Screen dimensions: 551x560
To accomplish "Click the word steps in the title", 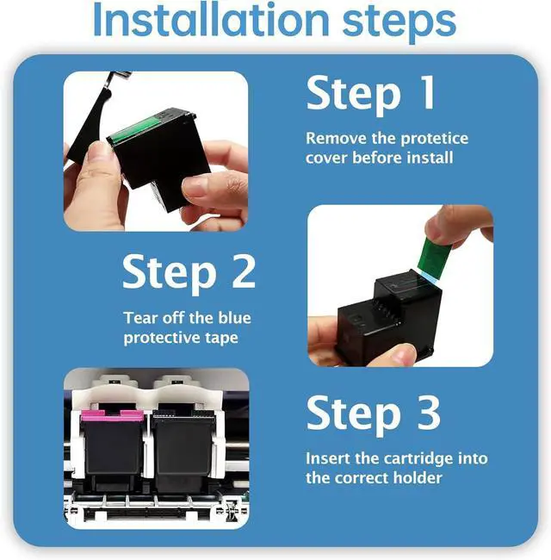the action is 399,23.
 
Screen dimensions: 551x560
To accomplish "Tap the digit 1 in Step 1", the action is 426,93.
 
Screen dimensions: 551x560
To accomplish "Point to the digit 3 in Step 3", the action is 429,413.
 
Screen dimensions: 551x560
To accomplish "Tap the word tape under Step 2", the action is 221,339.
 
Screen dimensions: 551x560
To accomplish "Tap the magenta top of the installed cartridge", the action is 112,415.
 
